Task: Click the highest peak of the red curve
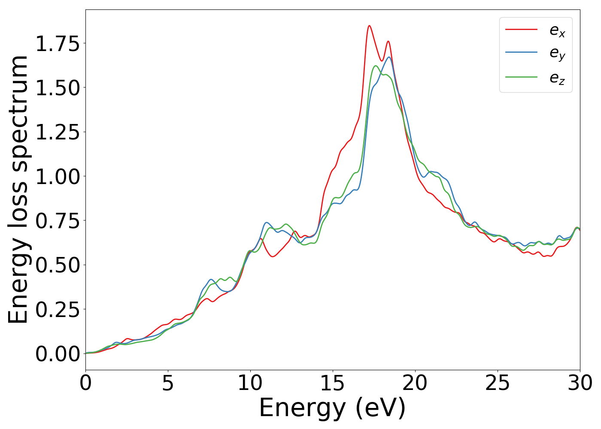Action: tap(369, 26)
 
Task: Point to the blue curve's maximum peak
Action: tap(389, 57)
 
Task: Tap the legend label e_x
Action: tap(557, 30)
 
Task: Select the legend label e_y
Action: tap(557, 53)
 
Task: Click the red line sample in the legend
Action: tap(521, 29)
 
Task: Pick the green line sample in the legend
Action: tap(521, 77)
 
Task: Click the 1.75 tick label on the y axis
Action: tap(58, 44)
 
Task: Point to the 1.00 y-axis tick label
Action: tap(58, 177)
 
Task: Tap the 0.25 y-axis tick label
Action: tap(58, 310)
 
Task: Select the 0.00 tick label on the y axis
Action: tap(58, 354)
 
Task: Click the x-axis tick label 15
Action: tap(333, 383)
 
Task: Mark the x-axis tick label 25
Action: tap(498, 383)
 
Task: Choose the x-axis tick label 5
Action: tap(168, 383)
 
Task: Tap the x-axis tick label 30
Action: tap(580, 383)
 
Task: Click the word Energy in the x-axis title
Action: tap(302, 408)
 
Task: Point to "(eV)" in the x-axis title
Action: tap(380, 408)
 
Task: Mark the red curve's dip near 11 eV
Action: tap(273, 257)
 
